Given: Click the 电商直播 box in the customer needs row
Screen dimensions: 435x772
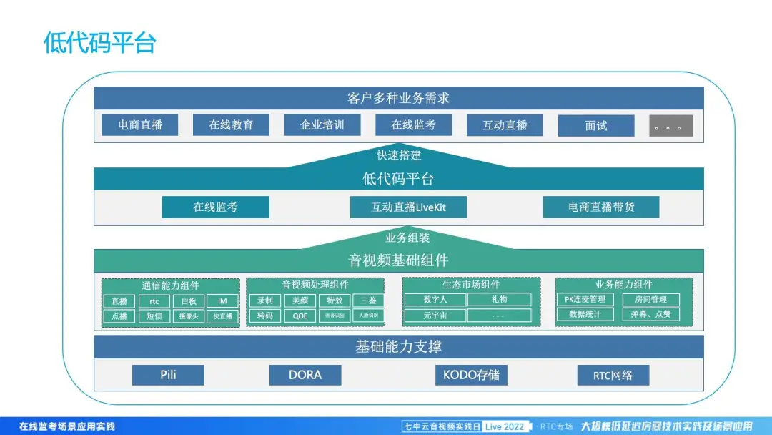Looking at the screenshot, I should click(141, 125).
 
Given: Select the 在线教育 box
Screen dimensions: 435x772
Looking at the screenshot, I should click(231, 125).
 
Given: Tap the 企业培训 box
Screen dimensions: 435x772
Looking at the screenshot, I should click(322, 125).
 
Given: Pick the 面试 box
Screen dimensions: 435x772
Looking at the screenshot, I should click(595, 126).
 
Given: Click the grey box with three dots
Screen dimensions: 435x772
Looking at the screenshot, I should click(670, 126).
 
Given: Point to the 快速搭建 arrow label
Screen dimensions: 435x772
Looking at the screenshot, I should click(398, 155).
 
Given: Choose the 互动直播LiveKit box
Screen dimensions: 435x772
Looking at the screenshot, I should click(408, 207).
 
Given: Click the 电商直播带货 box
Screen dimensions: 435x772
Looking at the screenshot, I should click(601, 207).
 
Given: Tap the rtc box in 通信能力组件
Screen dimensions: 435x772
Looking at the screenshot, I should click(154, 301).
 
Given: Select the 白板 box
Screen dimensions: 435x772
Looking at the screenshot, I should click(189, 301).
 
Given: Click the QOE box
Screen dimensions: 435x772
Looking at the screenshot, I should click(300, 316).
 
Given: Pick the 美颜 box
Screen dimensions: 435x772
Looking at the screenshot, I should click(300, 300).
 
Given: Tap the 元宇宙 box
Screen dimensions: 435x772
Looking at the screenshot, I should click(435, 315).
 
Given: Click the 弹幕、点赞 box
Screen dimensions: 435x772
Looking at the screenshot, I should click(650, 314).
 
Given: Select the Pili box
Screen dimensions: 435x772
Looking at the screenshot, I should click(168, 375).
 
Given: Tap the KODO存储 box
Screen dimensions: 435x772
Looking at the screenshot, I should click(471, 375).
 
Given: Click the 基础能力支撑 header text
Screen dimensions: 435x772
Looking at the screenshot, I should click(398, 347).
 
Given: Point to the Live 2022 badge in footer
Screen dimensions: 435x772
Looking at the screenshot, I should click(504, 426).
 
